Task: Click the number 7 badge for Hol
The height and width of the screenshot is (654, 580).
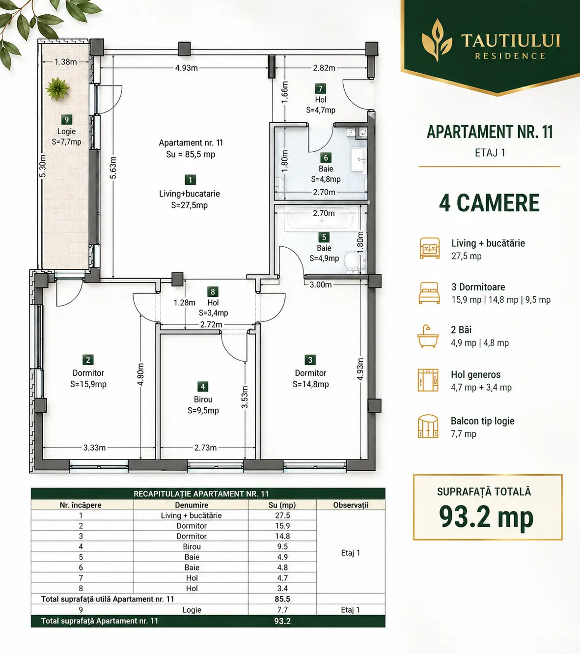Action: tap(320, 88)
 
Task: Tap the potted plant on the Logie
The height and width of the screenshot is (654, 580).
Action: tap(57, 88)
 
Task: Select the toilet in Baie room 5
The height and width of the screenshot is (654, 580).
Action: tap(351, 262)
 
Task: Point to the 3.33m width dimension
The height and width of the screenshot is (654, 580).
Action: tap(94, 448)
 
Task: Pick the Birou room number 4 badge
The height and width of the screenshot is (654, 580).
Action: tap(202, 386)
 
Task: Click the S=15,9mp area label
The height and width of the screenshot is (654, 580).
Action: tap(88, 384)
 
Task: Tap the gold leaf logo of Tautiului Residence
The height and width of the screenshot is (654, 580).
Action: tap(437, 40)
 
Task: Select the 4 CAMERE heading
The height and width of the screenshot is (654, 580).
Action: tap(489, 203)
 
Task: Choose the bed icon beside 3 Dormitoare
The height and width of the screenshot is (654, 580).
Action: tap(429, 293)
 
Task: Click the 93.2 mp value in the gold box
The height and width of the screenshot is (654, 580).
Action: tap(486, 517)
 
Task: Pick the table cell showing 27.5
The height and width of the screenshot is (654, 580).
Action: tap(282, 515)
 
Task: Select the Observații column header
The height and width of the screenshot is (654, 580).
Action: tap(351, 505)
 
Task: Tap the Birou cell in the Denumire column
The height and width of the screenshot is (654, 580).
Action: tap(192, 546)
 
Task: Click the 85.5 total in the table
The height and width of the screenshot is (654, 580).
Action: tap(282, 599)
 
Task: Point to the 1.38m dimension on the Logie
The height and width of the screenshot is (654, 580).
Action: tap(65, 61)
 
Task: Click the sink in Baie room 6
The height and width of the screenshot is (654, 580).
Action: tap(358, 159)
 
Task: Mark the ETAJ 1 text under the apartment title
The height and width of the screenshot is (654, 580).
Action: tap(490, 152)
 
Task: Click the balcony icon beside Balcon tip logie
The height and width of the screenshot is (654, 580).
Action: tap(428, 427)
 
